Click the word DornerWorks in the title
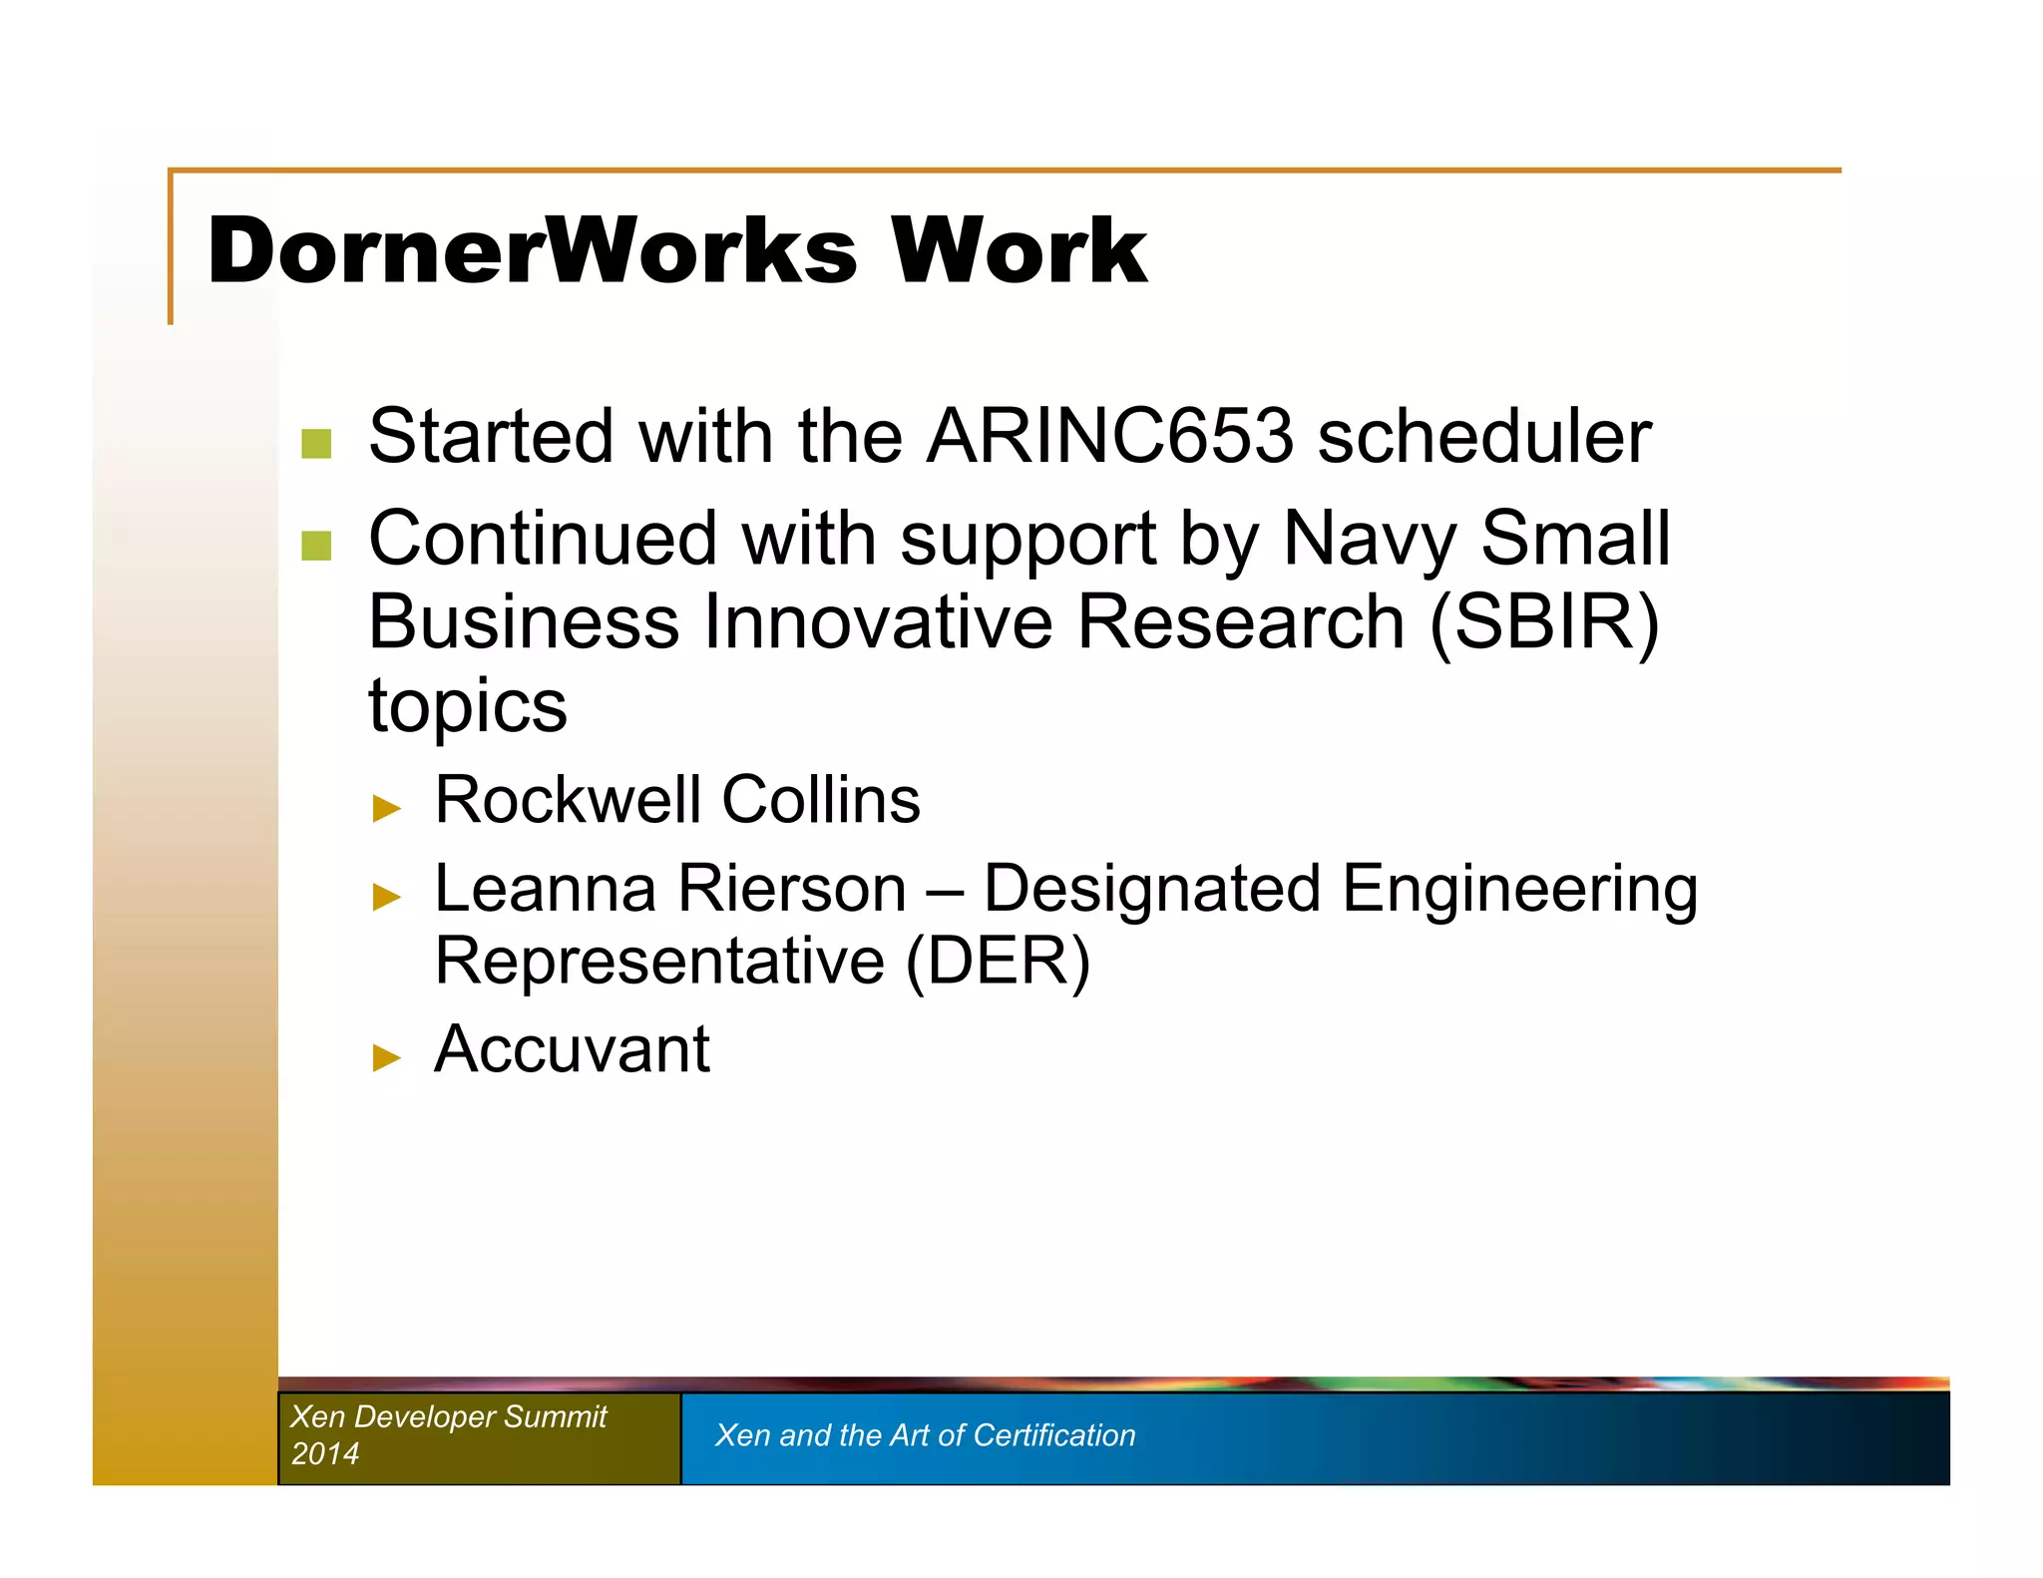click(x=532, y=250)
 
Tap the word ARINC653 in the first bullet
click(x=1109, y=437)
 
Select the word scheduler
click(x=1483, y=437)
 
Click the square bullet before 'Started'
click(x=316, y=444)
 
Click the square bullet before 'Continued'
click(x=316, y=546)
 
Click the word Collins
click(x=820, y=800)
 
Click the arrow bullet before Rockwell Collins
click(x=386, y=808)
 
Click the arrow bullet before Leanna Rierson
click(x=386, y=897)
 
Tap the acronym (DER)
click(x=998, y=962)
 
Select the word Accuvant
click(x=572, y=1049)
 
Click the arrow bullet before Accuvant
click(x=386, y=1057)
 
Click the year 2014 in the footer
click(x=324, y=1453)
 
